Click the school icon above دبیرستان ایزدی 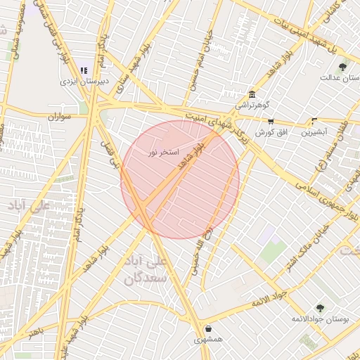pos(84,70)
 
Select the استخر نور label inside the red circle pos(162,152)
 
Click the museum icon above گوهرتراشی pos(252,95)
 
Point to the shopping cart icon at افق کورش pos(271,122)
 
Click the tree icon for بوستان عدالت pos(342,67)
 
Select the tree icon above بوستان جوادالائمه pos(321,308)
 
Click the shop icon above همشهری pos(209,328)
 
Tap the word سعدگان pos(146,278)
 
